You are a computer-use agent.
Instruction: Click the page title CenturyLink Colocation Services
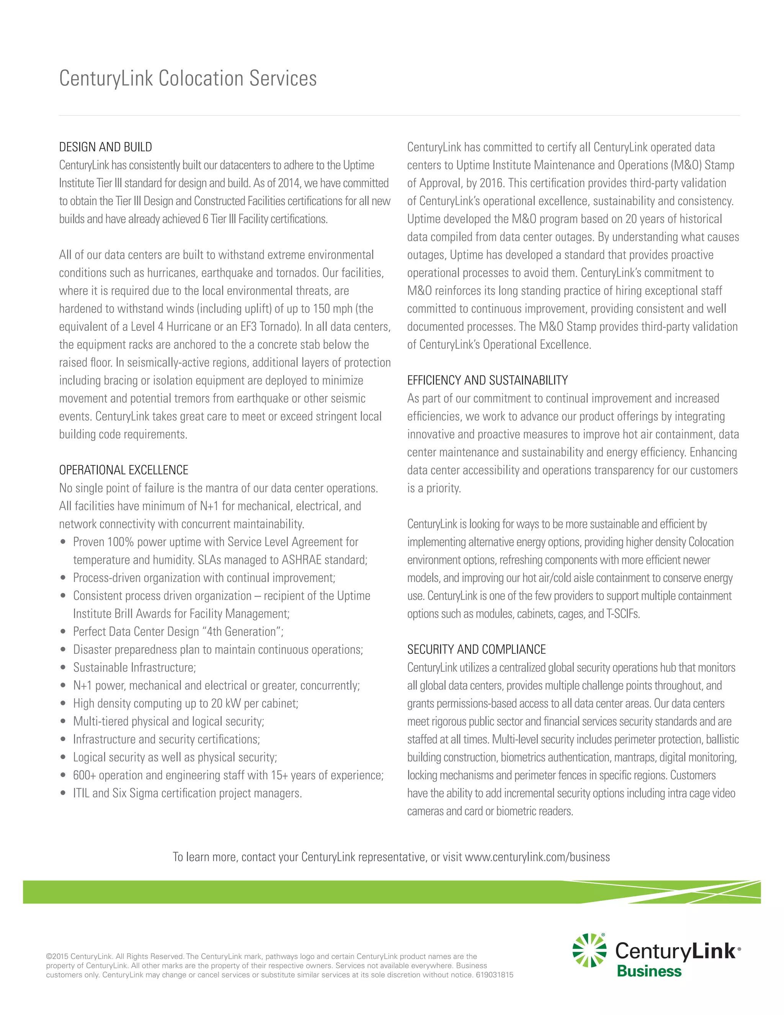point(188,79)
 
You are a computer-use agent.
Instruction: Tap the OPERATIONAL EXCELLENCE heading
point(124,470)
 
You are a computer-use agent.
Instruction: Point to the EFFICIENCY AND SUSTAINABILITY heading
point(487,381)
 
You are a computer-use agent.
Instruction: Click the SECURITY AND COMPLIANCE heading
point(476,650)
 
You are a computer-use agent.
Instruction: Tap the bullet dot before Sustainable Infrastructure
point(63,668)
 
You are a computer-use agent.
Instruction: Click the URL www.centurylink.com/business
point(537,857)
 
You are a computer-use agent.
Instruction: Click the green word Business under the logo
point(649,971)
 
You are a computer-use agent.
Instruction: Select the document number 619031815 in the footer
point(494,975)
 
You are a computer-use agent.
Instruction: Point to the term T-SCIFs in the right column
point(623,614)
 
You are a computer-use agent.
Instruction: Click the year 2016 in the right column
point(490,183)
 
